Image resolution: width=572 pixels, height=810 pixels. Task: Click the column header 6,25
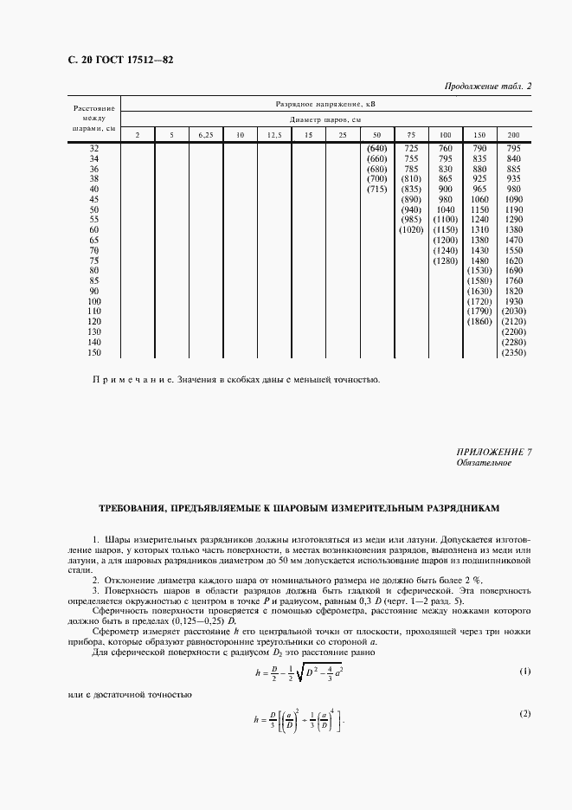206,135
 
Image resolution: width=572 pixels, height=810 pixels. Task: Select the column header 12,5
274,135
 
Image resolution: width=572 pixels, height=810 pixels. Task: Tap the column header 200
513,135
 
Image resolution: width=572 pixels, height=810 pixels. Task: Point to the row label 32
93,149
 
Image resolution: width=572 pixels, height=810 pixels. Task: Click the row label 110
93,311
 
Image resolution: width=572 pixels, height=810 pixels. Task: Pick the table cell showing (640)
376,149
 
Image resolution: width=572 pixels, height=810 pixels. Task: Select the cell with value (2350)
513,352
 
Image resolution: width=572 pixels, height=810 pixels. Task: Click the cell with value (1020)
411,230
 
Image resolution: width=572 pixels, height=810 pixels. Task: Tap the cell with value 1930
513,300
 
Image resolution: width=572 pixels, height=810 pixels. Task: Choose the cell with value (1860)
479,321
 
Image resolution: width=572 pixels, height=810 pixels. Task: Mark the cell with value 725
411,149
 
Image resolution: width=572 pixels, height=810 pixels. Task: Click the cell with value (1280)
445,260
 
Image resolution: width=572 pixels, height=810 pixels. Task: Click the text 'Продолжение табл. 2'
487,86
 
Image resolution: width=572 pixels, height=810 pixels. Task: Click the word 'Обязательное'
484,463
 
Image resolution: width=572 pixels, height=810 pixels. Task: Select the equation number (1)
524,672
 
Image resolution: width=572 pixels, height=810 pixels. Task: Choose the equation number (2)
524,713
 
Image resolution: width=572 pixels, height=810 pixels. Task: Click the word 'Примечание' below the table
128,379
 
